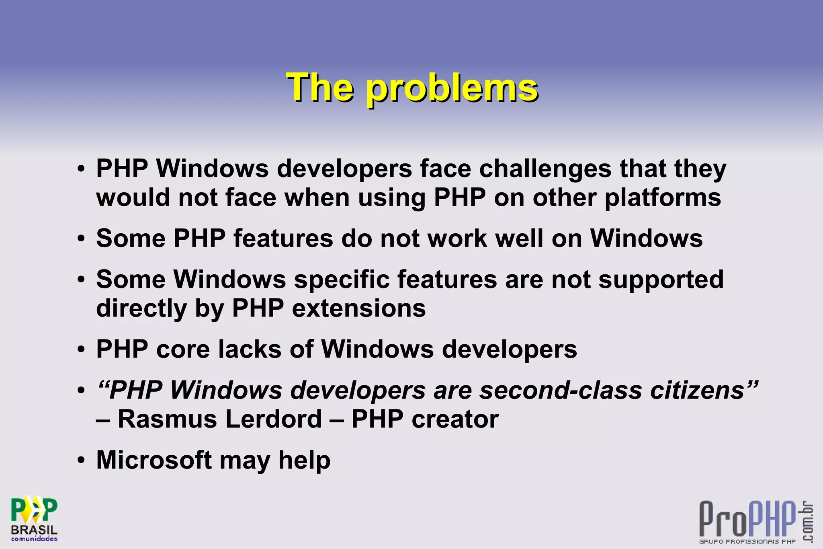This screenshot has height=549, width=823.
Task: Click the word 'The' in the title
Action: coord(320,88)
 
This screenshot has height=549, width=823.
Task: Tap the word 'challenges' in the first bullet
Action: coord(545,169)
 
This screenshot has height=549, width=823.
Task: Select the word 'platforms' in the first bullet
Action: coord(663,198)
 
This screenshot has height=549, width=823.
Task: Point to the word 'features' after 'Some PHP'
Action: coord(283,239)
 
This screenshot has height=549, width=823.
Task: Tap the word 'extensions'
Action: coord(358,308)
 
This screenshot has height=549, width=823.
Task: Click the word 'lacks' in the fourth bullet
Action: coord(250,349)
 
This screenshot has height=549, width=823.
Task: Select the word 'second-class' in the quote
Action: coord(561,391)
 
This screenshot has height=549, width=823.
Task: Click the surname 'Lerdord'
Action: coord(273,419)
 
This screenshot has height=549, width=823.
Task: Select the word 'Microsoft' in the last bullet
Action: coord(154,460)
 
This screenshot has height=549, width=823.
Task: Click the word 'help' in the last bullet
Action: coord(304,461)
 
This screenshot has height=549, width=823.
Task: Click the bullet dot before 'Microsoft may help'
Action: coord(82,460)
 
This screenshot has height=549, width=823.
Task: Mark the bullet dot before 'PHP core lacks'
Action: coord(82,349)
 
